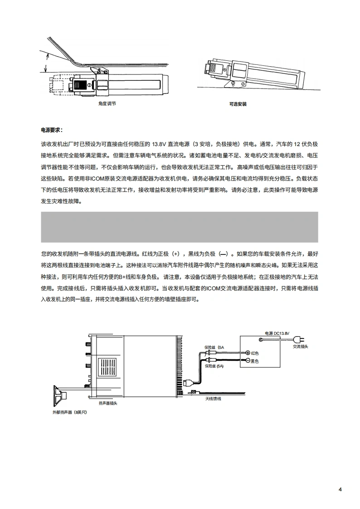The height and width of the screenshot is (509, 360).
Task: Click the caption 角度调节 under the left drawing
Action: point(107,104)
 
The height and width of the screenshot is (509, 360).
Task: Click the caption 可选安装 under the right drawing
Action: point(238,104)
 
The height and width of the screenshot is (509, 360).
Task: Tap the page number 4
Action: point(340,489)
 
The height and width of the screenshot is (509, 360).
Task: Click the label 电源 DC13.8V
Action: point(277,333)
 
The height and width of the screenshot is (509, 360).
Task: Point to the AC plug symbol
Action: point(298,338)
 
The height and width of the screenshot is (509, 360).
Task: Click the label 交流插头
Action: point(300,346)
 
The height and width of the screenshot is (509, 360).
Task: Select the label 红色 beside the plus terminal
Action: point(255,353)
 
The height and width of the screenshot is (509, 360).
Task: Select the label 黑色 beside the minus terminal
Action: point(254,362)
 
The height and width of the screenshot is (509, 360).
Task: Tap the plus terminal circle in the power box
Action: point(248,353)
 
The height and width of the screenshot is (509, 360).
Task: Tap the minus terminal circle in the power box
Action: point(248,362)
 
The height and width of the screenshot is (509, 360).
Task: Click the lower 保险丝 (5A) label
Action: point(214,366)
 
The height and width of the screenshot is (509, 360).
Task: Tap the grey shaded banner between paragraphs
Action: point(180,227)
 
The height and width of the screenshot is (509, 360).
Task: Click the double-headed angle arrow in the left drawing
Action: point(45,62)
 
